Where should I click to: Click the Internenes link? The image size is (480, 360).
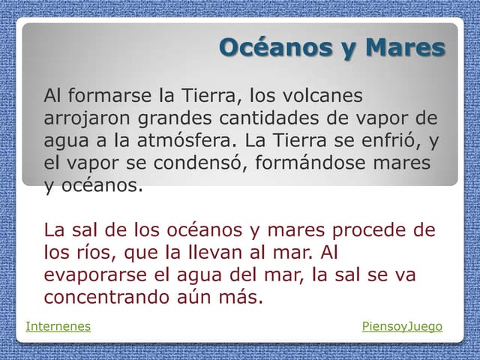[x=58, y=326]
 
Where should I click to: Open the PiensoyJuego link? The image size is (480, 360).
[x=402, y=326]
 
